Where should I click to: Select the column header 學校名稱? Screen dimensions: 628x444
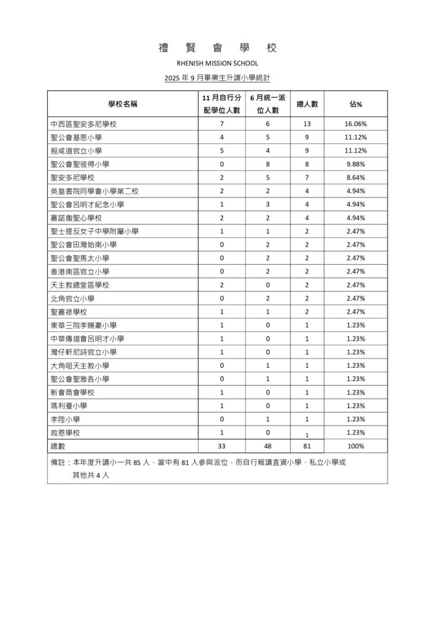(x=123, y=104)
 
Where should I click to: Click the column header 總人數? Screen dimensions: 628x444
(x=306, y=104)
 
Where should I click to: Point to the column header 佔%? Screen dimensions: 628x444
(x=356, y=104)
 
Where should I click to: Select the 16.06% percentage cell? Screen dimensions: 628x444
(x=356, y=124)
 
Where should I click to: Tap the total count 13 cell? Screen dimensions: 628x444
(x=306, y=124)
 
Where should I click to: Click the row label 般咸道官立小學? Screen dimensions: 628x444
(x=76, y=151)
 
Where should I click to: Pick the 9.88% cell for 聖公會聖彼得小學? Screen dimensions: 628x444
(x=356, y=164)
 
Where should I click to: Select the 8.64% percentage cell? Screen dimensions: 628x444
(x=356, y=178)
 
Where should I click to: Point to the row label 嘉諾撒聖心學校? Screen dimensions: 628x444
(x=76, y=218)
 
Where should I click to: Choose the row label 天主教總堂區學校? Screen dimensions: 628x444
(x=80, y=285)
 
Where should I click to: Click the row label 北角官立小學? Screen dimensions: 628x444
(x=72, y=299)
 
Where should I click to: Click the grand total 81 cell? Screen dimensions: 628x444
(x=306, y=446)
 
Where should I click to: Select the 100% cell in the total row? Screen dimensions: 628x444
(x=356, y=446)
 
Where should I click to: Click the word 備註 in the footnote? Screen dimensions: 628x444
(x=59, y=463)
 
